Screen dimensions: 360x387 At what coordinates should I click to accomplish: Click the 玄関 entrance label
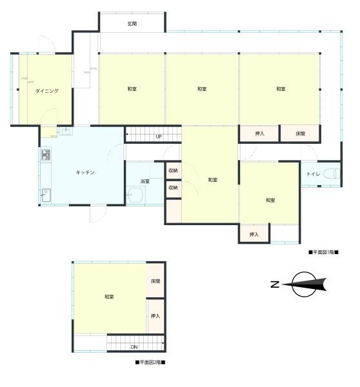(x=132, y=24)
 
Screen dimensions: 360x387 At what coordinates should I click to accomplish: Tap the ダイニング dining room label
(x=47, y=91)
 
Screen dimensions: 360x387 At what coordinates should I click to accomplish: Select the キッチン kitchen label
(x=85, y=172)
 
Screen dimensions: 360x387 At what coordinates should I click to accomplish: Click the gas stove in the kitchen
(x=46, y=155)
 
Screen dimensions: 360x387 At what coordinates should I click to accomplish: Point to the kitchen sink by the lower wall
(x=46, y=195)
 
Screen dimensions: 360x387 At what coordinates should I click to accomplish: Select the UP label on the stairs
(x=159, y=137)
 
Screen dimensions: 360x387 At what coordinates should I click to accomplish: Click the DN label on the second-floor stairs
(x=134, y=347)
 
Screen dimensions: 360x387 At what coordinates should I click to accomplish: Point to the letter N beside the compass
(x=275, y=284)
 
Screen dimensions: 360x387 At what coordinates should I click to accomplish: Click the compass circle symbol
(x=305, y=284)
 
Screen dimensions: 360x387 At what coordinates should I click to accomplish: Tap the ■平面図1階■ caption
(x=323, y=252)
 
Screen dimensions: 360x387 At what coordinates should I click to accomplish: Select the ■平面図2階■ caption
(x=150, y=362)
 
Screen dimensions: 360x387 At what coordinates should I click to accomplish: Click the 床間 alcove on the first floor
(x=300, y=134)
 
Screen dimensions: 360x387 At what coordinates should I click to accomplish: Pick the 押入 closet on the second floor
(x=155, y=316)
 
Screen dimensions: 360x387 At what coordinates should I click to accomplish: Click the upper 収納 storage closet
(x=174, y=170)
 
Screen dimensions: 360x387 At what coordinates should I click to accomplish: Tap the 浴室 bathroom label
(x=145, y=181)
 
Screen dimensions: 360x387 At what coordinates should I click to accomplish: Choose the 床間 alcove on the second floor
(x=155, y=281)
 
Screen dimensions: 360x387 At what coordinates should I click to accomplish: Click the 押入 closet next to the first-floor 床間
(x=259, y=134)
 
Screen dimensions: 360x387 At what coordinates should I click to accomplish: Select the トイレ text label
(x=313, y=174)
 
